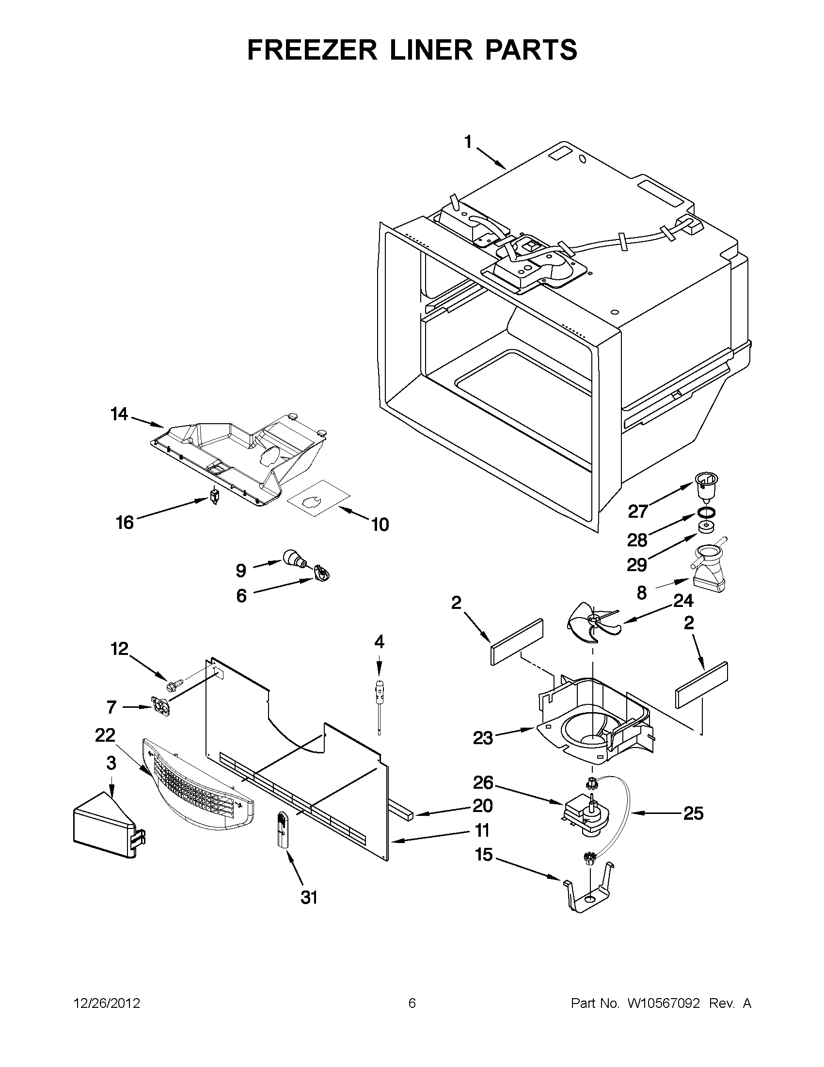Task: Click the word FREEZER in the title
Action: (313, 50)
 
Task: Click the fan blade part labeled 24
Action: (592, 622)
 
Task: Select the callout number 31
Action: (309, 897)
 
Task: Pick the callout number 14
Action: (119, 414)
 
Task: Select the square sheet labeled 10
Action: (318, 498)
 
